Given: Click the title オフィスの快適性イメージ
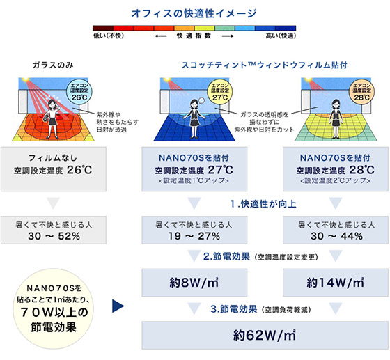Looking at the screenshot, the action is pos(194,13).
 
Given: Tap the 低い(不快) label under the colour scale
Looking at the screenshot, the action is pos(109,36).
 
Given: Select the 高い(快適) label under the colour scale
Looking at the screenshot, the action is pos(281,36).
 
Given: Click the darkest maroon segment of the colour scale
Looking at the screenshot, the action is pos(103,28).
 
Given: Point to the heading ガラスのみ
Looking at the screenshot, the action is pos(53,65).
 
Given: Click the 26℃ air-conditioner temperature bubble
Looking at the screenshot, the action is pos(79,92).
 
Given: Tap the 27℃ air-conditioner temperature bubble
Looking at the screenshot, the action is pos(220,92).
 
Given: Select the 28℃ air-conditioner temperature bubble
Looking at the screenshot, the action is pos(361,92).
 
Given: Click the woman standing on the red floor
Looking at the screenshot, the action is pos(52,119).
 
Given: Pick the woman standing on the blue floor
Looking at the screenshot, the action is pos(194,119).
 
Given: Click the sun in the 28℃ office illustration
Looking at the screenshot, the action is pos(308,79).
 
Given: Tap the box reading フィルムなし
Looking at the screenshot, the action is pos(54,169).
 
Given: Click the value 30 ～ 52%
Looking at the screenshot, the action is pos(54,236).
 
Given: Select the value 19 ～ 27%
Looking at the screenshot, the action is pos(194,236).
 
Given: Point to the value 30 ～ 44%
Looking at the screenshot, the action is pos(336,236).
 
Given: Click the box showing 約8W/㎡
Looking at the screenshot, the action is pos(194,283).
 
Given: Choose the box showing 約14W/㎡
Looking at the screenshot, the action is pos(336,283).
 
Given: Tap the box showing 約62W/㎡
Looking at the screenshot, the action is pos(265,335).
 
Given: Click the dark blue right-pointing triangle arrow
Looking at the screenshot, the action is pos(118,306).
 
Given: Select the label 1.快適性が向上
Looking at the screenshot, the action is pos(263,204).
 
